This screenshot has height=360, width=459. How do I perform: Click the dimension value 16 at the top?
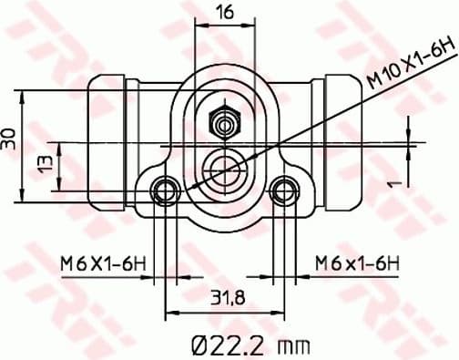[x=225, y=12]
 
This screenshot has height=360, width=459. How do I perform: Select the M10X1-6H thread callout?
[x=410, y=63]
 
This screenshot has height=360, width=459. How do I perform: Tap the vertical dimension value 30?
[x=9, y=139]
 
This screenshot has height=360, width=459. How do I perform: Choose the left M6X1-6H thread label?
[x=103, y=262]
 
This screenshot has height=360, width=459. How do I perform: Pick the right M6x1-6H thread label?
[x=357, y=262]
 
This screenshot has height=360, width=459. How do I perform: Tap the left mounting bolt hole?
[x=165, y=190]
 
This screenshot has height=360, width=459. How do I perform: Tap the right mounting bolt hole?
[x=285, y=190]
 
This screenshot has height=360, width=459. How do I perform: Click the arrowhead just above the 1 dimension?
[x=406, y=136]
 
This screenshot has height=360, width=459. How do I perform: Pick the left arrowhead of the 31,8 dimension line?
[x=169, y=311]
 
